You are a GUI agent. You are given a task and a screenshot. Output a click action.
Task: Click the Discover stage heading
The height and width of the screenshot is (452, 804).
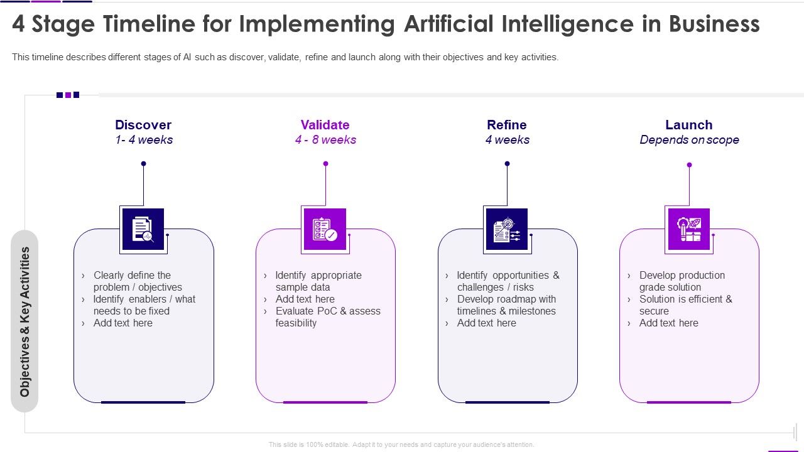[143, 125]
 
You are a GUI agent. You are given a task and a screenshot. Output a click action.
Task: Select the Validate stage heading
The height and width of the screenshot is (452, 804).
[325, 125]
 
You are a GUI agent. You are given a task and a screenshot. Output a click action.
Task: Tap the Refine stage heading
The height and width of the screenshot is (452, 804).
[506, 125]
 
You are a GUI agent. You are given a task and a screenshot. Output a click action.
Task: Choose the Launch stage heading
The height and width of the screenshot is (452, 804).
[688, 125]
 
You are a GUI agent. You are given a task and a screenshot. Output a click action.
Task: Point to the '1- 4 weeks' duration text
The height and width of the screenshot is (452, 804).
[144, 140]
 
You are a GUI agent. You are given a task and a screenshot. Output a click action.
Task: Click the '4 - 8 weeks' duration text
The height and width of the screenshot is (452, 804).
[325, 140]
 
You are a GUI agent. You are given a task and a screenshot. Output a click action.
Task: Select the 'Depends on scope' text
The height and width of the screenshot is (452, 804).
[689, 140]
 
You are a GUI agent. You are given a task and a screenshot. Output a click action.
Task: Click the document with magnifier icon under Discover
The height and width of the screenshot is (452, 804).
[143, 229]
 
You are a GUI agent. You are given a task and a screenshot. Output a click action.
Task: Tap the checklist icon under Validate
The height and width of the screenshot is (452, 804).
[325, 229]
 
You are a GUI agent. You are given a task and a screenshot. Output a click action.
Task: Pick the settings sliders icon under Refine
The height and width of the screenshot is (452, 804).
[506, 229]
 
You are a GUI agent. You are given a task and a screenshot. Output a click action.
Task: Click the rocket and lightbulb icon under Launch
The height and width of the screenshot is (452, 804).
[688, 229]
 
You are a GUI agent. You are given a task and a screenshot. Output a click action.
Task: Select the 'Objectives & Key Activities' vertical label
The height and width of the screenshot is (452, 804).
[25, 321]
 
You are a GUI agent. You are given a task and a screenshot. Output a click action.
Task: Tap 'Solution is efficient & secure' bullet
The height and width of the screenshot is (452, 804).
[685, 305]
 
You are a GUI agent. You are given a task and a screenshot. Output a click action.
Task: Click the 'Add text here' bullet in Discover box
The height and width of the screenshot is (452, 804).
[122, 323]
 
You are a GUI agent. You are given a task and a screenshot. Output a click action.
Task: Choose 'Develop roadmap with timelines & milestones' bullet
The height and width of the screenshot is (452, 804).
[506, 305]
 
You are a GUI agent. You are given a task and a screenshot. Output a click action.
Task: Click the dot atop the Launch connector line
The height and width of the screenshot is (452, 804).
[689, 165]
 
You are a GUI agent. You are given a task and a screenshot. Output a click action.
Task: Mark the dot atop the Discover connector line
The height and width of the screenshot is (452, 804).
[143, 164]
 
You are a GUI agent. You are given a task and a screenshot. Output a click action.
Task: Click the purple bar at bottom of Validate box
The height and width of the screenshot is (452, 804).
[325, 402]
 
